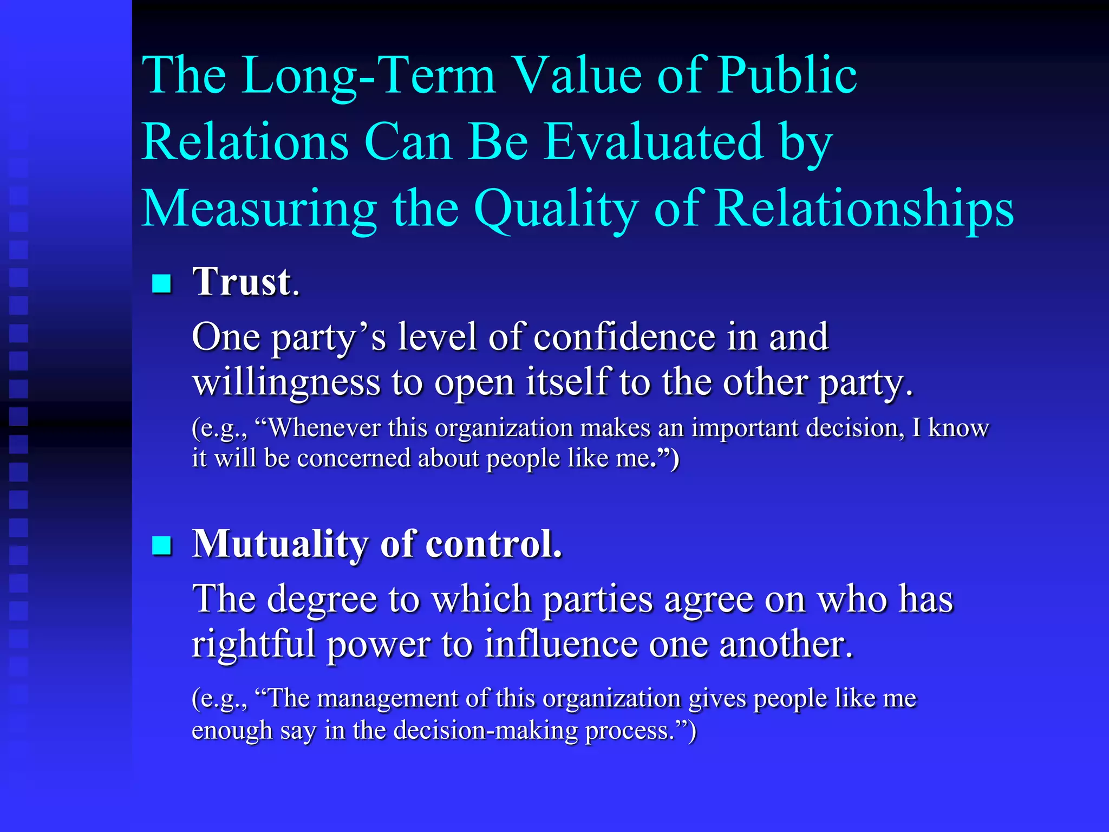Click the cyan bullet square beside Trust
point(161,283)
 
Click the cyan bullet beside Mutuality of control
point(161,545)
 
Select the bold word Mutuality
point(280,544)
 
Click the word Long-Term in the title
point(368,76)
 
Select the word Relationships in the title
point(864,209)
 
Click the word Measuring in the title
point(259,210)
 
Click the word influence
point(560,645)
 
